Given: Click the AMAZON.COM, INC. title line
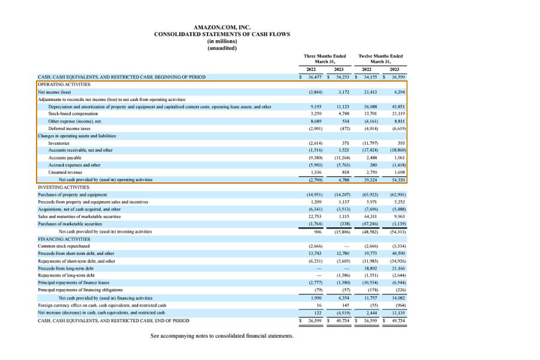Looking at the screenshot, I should pyautogui.click(x=222, y=27).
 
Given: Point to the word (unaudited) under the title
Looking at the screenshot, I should pyautogui.click(x=222, y=48).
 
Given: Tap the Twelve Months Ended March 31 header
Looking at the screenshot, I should pyautogui.click(x=380, y=59).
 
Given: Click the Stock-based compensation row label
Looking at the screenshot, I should pyautogui.click(x=73, y=113).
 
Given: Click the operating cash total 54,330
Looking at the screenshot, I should pyautogui.click(x=398, y=179).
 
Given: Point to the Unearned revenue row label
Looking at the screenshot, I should pyautogui.click(x=64, y=172).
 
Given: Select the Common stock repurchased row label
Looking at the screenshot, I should pyautogui.click(x=64, y=246).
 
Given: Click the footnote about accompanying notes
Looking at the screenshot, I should pyautogui.click(x=222, y=335).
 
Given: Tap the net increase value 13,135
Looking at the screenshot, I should pyautogui.click(x=398, y=311).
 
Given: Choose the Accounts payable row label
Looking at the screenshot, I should pyautogui.click(x=64, y=157).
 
